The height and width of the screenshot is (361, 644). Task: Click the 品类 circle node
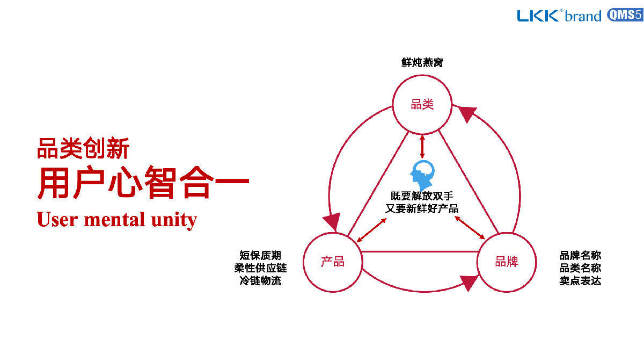click(x=422, y=104)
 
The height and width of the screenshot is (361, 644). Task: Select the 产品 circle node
click(x=333, y=262)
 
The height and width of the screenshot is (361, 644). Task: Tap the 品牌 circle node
click(x=507, y=262)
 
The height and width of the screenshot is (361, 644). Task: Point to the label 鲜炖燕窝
click(x=422, y=63)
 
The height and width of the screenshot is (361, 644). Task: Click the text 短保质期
click(x=260, y=256)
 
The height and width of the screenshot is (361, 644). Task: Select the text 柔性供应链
click(x=260, y=268)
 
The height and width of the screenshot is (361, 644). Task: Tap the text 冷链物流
click(x=260, y=280)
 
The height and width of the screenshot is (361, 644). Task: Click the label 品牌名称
click(x=580, y=256)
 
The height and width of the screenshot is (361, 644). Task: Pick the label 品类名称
click(x=580, y=268)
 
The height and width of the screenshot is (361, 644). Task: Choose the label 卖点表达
click(x=580, y=280)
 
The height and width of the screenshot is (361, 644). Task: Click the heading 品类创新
click(x=83, y=148)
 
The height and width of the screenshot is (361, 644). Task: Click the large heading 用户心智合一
click(x=143, y=184)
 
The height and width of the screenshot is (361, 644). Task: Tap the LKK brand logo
click(x=559, y=16)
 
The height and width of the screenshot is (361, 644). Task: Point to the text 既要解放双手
click(x=422, y=196)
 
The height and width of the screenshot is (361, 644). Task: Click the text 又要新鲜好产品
click(x=422, y=208)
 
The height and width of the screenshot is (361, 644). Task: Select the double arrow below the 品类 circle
click(x=422, y=146)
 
